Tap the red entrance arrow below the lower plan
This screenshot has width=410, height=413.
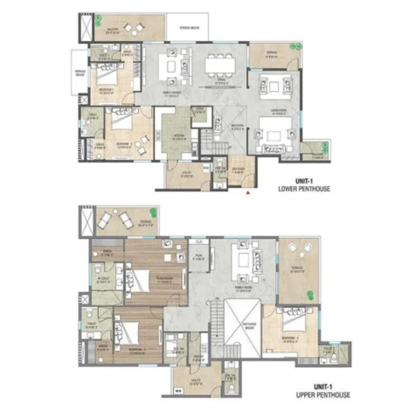pos(248,193)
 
